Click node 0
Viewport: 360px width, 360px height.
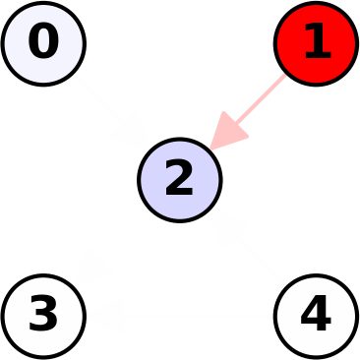click(x=43, y=43)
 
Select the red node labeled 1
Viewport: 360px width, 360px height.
click(x=316, y=43)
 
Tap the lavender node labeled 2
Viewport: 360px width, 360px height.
click(x=179, y=180)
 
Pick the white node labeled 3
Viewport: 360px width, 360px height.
click(x=43, y=316)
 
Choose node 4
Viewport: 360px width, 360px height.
click(x=316, y=316)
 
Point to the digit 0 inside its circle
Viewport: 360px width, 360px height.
click(x=43, y=42)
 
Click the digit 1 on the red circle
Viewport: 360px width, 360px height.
click(x=316, y=42)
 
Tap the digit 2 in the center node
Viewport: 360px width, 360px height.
click(x=179, y=179)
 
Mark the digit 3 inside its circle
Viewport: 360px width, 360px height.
click(x=43, y=315)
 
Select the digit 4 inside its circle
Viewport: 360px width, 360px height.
click(x=316, y=315)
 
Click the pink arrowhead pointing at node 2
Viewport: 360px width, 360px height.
click(x=227, y=132)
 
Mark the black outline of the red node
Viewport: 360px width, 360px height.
click(x=316, y=3)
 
